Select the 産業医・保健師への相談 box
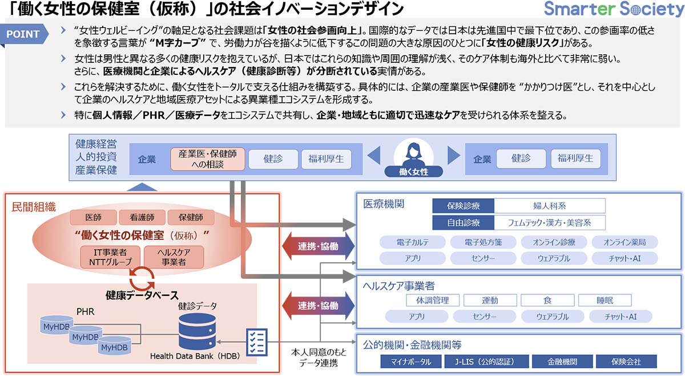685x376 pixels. (x=208, y=159)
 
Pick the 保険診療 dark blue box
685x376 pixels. (x=463, y=206)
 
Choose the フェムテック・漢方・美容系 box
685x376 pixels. (x=549, y=222)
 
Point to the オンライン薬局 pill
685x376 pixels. (x=624, y=242)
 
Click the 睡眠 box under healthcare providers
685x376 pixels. (x=604, y=300)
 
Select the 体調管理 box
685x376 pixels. (x=432, y=300)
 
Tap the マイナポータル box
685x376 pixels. (x=410, y=362)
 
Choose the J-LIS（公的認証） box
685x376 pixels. (x=485, y=362)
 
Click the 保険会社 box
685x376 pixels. (x=626, y=362)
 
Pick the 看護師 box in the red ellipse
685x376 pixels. (x=141, y=217)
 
